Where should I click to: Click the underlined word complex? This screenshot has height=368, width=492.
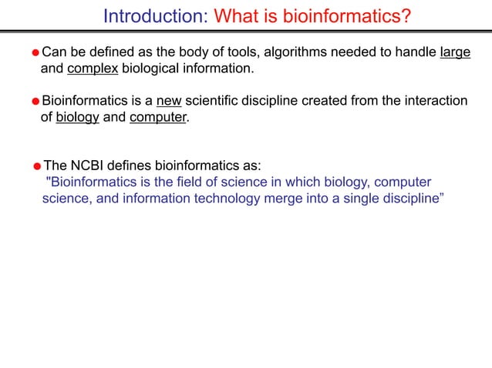(93, 69)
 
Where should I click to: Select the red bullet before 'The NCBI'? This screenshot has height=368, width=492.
(37, 166)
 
